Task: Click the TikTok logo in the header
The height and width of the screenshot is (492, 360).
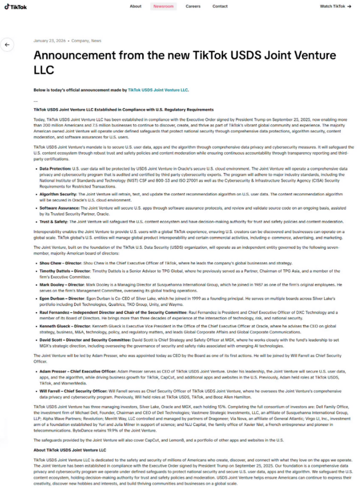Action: pos(16,7)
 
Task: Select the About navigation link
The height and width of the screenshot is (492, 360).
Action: pos(135,6)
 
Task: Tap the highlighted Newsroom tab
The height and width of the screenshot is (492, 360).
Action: pos(163,6)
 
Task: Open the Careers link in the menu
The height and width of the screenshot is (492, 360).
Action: pos(193,6)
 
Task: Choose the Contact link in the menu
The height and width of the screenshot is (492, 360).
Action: pos(220,6)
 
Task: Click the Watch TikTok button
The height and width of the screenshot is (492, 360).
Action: pos(335,6)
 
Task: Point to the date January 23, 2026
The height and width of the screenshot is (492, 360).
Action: pos(49,41)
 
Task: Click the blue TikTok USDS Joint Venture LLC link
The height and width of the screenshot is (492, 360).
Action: pos(158,90)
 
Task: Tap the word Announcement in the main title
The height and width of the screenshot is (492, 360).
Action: pos(75,55)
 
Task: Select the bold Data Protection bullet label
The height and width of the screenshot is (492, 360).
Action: pos(55,169)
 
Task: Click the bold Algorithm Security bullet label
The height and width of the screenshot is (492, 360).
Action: pos(58,194)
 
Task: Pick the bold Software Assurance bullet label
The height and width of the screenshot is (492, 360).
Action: pos(59,208)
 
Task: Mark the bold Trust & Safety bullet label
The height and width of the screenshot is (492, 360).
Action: pos(54,222)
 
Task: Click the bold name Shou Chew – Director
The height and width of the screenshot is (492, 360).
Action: pos(60,263)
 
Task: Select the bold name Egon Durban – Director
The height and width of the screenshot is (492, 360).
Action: pos(62,299)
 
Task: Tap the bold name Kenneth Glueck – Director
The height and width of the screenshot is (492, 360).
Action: pos(65,326)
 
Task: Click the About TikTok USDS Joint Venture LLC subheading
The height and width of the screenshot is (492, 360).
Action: pos(70,450)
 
